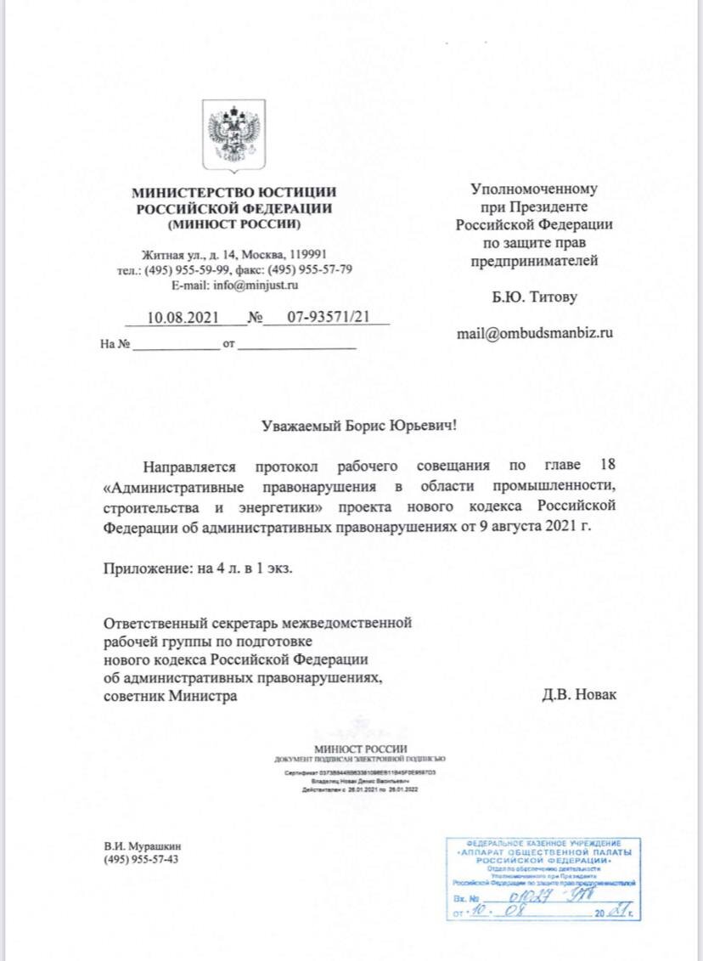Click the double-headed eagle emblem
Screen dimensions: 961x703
tap(233, 134)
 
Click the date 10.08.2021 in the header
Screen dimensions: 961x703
tap(183, 319)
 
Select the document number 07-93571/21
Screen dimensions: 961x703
tap(327, 319)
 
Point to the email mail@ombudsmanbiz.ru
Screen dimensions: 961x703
tap(534, 332)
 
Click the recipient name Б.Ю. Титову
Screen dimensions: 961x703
tap(534, 297)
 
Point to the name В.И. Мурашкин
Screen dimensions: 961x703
tap(143, 846)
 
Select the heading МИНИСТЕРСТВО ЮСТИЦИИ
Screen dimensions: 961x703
tap(234, 193)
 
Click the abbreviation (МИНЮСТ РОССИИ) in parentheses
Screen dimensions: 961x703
tap(234, 224)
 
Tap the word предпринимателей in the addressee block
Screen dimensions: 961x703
tap(534, 260)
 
